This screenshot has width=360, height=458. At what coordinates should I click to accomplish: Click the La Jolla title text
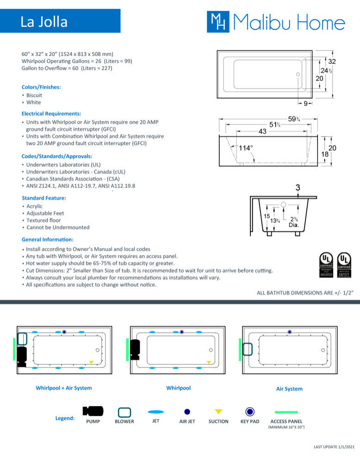point(44,22)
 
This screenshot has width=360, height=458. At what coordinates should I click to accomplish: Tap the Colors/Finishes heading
point(41,87)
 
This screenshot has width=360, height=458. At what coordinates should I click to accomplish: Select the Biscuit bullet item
point(34,95)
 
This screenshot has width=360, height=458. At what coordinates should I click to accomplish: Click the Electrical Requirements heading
point(51,113)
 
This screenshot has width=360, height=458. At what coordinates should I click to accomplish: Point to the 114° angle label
point(246,148)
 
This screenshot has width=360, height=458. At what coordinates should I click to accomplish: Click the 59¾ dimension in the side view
point(294,119)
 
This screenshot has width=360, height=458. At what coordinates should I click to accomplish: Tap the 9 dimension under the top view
point(305,103)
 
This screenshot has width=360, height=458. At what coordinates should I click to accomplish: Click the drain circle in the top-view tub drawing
point(298,74)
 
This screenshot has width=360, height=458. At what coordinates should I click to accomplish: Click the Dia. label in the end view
point(294,225)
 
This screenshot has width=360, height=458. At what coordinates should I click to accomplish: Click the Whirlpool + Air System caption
point(64,388)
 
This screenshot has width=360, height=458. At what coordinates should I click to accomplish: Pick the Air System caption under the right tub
point(289,389)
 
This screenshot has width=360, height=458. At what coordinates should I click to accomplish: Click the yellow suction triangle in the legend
point(218,411)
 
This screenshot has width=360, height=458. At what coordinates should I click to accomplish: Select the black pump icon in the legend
point(93,411)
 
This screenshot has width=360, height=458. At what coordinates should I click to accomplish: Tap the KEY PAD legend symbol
point(250,411)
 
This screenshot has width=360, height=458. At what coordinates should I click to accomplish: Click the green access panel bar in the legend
point(286,412)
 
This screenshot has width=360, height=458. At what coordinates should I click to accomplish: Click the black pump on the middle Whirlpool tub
point(135,349)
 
